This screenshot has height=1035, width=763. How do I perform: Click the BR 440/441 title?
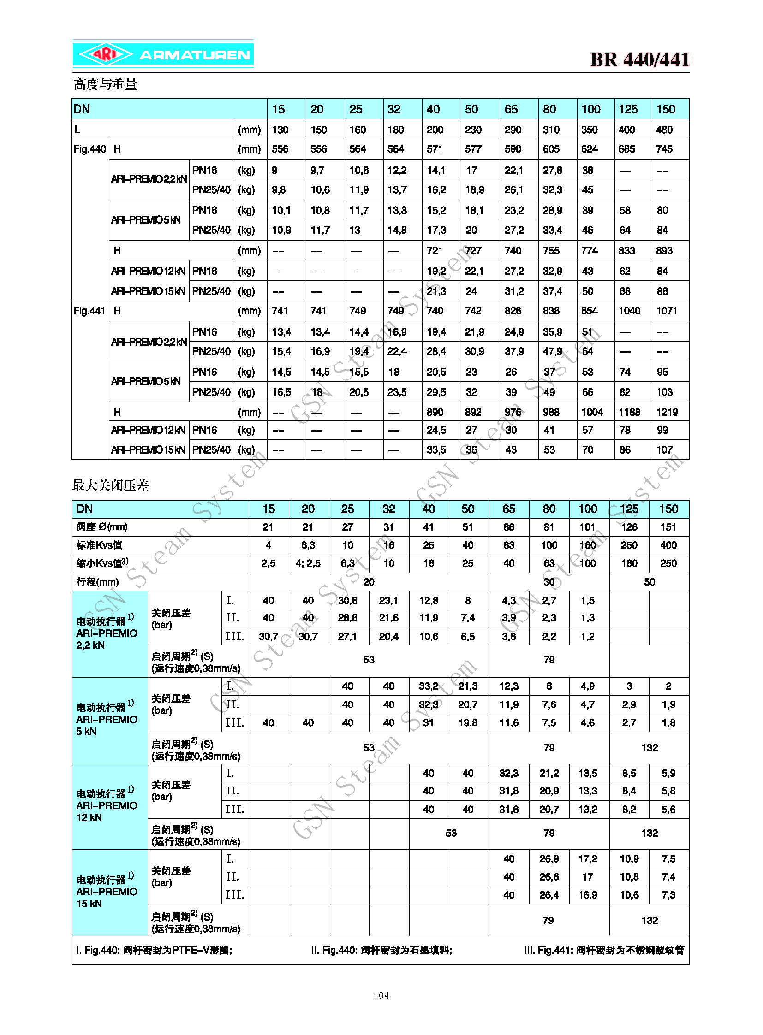click(639, 59)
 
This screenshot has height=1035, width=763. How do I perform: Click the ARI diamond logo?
click(105, 55)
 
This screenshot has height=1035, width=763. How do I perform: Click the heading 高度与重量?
click(105, 84)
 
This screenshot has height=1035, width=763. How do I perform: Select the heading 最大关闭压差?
click(110, 485)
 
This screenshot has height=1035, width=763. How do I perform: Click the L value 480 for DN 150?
click(664, 130)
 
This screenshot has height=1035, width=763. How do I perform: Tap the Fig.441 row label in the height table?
click(89, 311)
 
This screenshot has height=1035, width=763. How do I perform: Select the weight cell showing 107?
click(664, 449)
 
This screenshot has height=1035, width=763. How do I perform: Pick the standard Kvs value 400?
click(668, 545)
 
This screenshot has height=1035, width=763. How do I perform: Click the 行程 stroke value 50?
click(650, 582)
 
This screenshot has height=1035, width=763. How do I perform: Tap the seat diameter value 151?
click(668, 527)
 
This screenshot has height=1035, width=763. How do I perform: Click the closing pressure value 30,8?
click(348, 601)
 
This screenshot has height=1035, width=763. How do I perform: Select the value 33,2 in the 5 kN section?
click(429, 686)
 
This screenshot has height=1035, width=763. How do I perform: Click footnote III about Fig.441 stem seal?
click(604, 950)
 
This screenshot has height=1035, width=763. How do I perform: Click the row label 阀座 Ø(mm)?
click(102, 527)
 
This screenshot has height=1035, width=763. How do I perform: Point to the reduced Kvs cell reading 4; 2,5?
click(308, 564)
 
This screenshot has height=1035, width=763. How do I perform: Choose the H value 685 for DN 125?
click(627, 149)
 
